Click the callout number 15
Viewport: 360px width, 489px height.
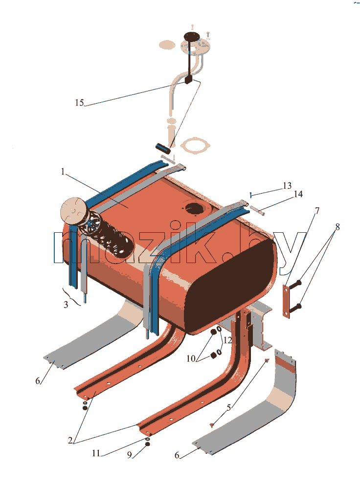click(x=79, y=103)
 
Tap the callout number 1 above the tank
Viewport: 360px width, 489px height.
click(x=63, y=172)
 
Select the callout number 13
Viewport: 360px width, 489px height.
click(x=287, y=186)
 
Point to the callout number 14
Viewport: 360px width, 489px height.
click(x=298, y=194)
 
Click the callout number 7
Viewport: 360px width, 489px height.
click(x=317, y=211)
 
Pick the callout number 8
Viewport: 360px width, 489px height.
click(x=337, y=227)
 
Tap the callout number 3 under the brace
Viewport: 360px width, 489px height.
click(x=66, y=305)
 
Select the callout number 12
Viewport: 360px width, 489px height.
click(x=227, y=340)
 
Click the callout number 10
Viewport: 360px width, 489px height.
click(x=191, y=358)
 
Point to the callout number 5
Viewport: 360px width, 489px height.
click(x=229, y=408)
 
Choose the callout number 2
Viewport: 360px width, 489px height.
click(x=70, y=441)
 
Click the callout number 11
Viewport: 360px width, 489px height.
click(x=96, y=453)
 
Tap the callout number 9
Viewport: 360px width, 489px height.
click(x=130, y=455)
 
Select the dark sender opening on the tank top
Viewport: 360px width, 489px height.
click(x=195, y=208)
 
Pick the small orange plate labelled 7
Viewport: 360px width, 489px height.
click(x=286, y=301)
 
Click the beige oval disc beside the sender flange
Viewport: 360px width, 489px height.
click(x=167, y=44)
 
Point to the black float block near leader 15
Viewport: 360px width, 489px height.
click(x=188, y=80)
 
